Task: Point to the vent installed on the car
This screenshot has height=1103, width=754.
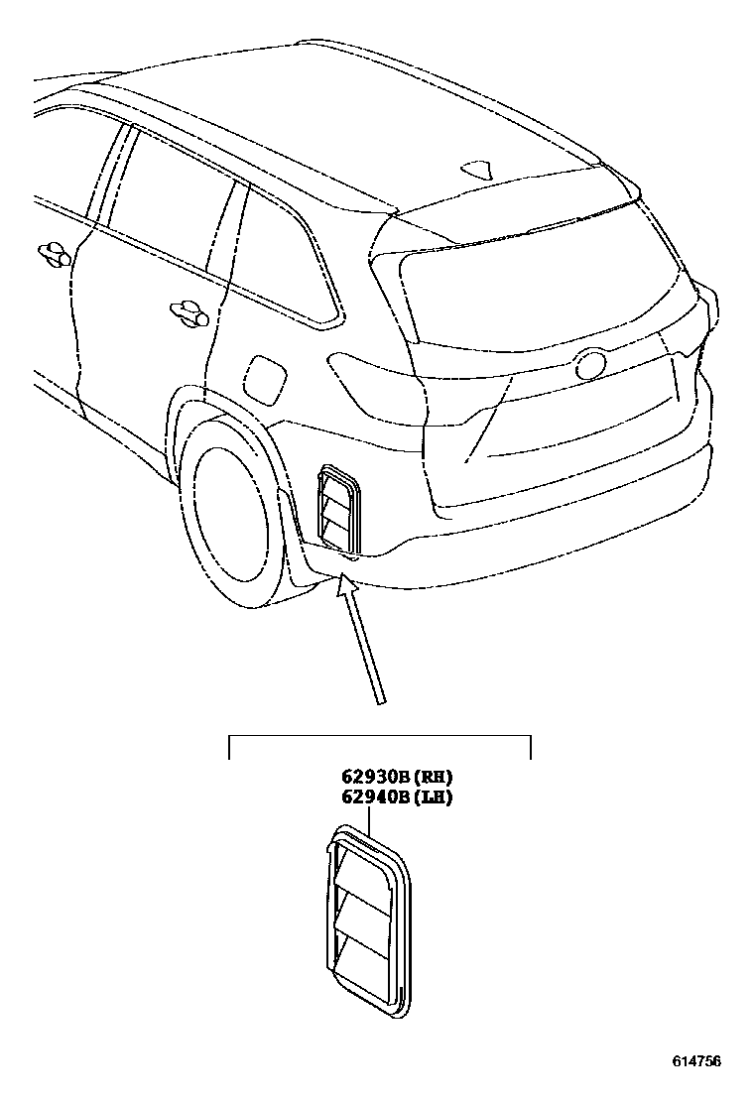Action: tap(336, 509)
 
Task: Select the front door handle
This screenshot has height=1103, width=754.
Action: tap(54, 254)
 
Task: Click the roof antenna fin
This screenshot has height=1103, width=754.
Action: tap(480, 171)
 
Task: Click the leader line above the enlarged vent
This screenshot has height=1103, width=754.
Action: tap(369, 819)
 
